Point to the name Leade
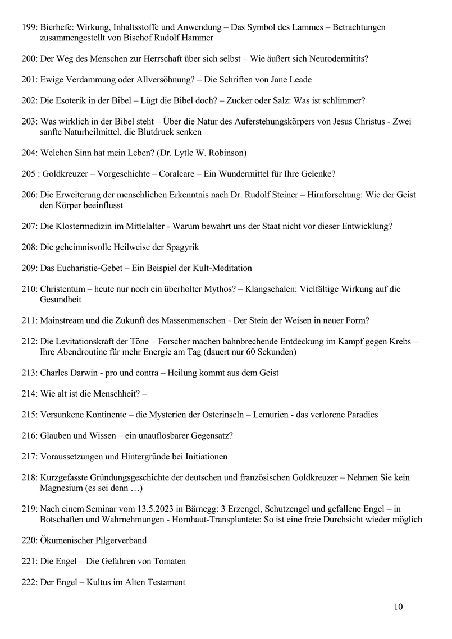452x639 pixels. pyautogui.click(x=300, y=80)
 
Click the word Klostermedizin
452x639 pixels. pyautogui.click(x=84, y=227)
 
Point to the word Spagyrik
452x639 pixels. pyautogui.click(x=181, y=247)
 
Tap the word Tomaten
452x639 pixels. pyautogui.click(x=168, y=561)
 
